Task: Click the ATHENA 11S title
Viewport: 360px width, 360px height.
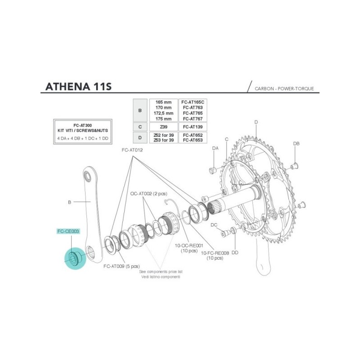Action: pos(78,86)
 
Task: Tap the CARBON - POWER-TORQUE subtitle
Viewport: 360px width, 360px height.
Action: pos(284,89)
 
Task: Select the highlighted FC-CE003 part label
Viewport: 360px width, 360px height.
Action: pos(68,231)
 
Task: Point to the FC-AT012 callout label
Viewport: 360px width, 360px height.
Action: pos(132,150)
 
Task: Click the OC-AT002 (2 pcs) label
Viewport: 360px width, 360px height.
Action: pos(148,193)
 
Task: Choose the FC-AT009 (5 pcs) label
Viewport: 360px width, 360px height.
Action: pos(121,266)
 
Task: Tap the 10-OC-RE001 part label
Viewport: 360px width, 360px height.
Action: pos(189,246)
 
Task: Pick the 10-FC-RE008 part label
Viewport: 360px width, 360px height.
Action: pos(215,253)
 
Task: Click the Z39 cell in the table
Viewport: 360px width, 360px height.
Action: pos(163,127)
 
